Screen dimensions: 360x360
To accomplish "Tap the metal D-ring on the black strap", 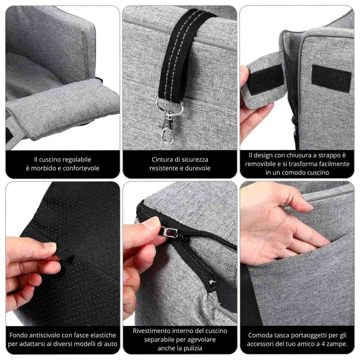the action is pos(169,105).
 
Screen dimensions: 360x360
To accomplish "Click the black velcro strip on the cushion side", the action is pos(331,78).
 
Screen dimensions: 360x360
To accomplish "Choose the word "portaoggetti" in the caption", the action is pos(308,335).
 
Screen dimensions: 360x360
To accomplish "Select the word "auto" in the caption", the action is pos(110,344).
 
